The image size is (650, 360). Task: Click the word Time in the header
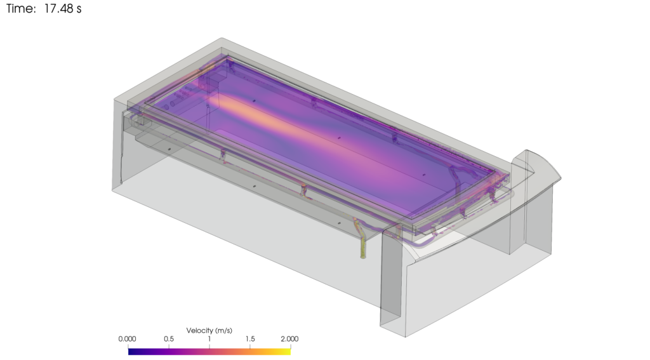coord(21,8)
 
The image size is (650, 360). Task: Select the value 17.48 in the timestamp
coord(58,8)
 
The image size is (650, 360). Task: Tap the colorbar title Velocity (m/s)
coord(209,331)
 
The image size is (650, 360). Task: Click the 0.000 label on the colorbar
coord(127,339)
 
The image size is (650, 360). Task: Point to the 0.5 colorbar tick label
coord(169,339)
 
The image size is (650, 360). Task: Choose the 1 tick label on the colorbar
coord(209,339)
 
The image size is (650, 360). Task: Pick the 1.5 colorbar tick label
coord(250,339)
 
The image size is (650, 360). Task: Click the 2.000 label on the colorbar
coord(289,339)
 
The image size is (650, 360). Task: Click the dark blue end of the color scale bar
coord(132,352)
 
